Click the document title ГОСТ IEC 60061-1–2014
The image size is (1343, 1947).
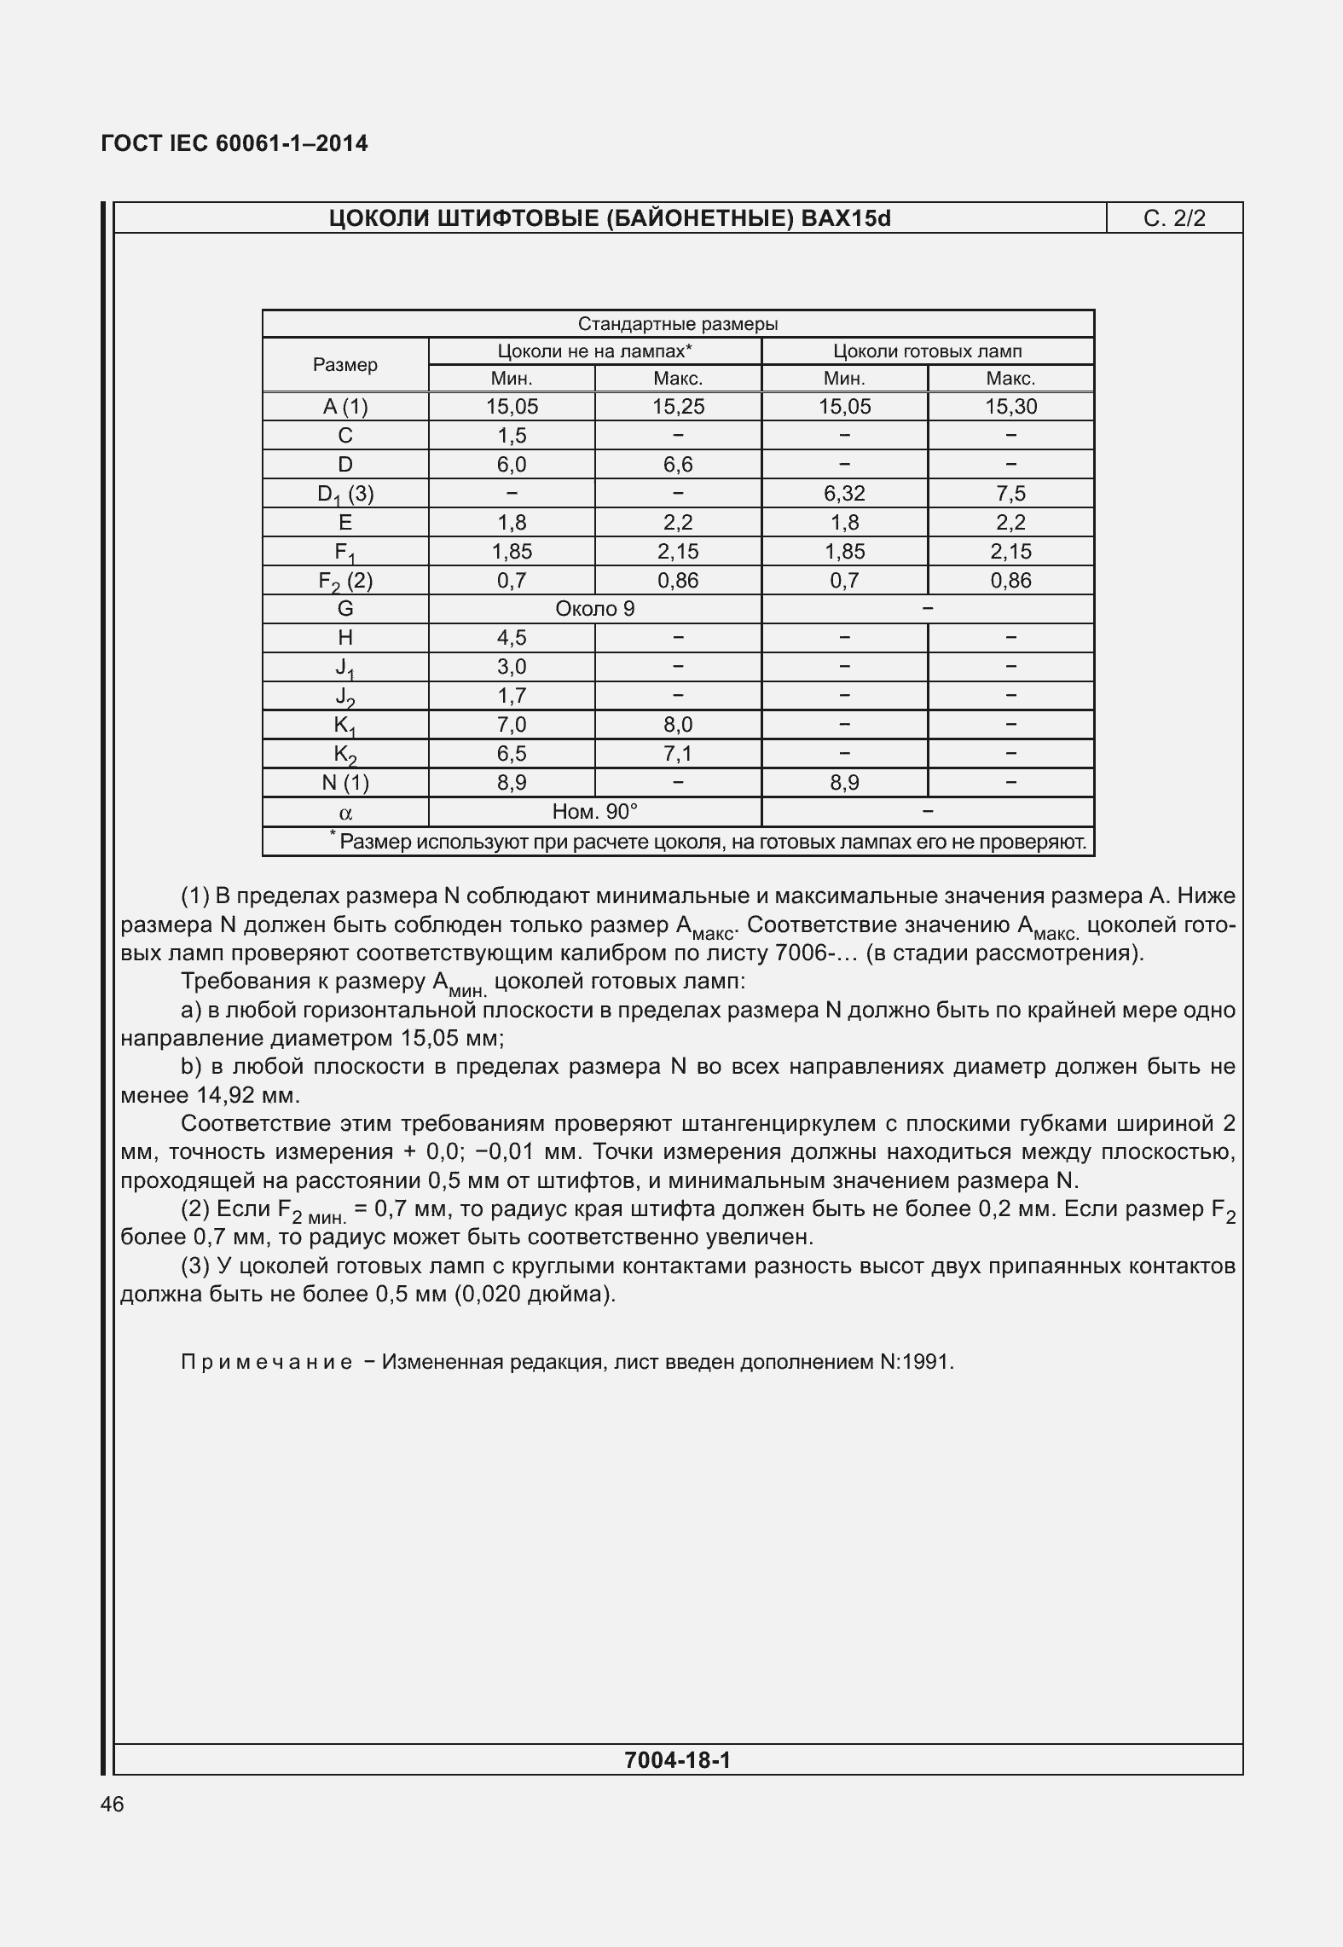234,143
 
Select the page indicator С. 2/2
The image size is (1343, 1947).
1174,218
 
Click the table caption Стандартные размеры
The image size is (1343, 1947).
678,324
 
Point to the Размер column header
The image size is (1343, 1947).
345,365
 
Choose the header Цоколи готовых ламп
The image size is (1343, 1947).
927,351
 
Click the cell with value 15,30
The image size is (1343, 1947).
1010,407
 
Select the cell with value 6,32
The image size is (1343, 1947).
844,494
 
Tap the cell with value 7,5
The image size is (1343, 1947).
1010,494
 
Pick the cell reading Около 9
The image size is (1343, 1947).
594,609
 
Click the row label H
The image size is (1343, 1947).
345,638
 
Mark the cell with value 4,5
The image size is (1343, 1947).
512,638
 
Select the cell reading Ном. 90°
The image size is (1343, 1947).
594,812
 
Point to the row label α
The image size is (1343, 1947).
345,813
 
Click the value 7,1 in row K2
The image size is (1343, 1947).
678,754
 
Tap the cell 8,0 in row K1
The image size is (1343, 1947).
678,725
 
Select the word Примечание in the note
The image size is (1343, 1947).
266,1362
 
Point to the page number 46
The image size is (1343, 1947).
112,1805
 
